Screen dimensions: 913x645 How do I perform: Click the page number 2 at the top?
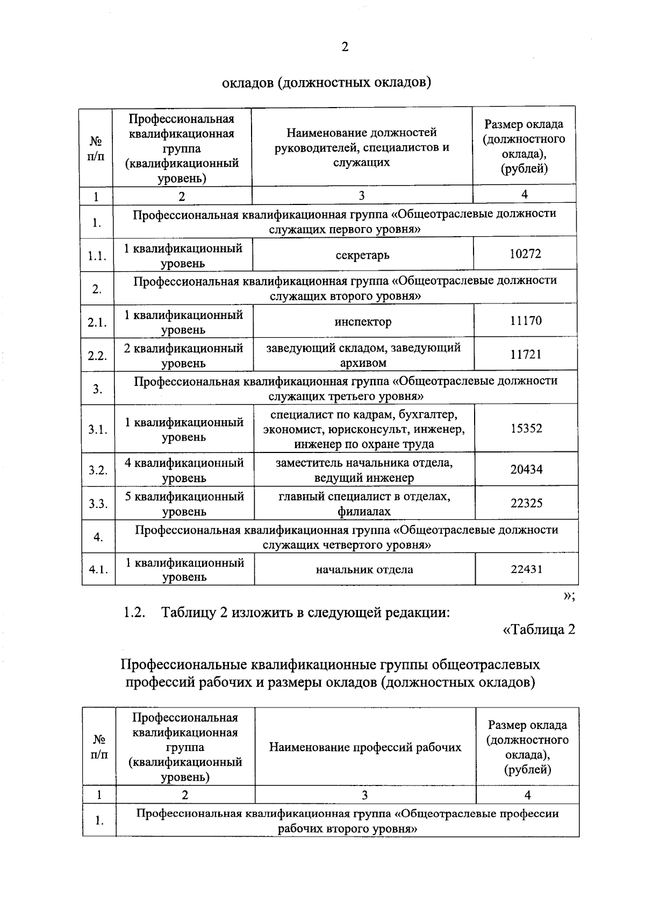[345, 47]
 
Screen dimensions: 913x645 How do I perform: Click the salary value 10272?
[525, 254]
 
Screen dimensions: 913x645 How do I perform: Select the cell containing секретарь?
[362, 255]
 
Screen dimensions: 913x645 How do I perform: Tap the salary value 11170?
[526, 321]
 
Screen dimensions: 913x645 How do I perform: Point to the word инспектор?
[363, 322]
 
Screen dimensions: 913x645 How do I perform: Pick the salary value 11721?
[526, 355]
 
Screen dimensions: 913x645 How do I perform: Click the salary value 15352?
[526, 429]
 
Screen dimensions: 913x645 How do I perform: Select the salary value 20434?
[526, 470]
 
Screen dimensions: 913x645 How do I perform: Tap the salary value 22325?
[526, 504]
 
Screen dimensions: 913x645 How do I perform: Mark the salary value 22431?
[526, 569]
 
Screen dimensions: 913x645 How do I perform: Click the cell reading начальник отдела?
[364, 570]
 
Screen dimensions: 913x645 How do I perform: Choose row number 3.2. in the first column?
[98, 470]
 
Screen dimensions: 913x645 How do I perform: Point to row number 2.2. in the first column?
[97, 356]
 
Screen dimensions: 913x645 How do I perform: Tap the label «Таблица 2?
[539, 629]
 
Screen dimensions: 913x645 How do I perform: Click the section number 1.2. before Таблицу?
[135, 612]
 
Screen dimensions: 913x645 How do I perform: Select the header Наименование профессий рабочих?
[365, 747]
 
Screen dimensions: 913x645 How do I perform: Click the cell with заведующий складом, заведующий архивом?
[363, 355]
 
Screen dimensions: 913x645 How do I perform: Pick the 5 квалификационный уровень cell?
[184, 504]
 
